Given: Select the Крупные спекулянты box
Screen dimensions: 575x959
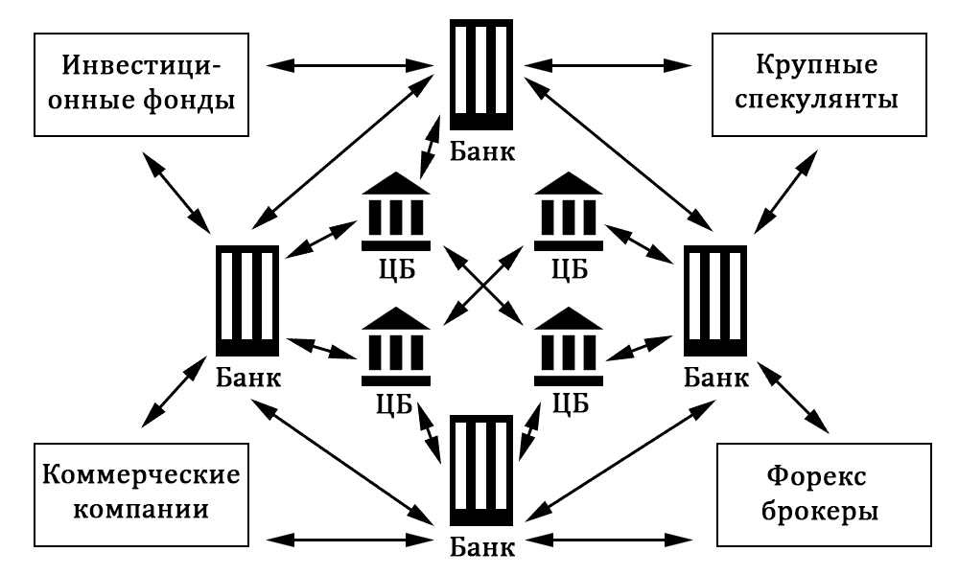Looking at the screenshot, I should coord(820,83).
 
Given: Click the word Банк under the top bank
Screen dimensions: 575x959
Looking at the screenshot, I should coord(480,151).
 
